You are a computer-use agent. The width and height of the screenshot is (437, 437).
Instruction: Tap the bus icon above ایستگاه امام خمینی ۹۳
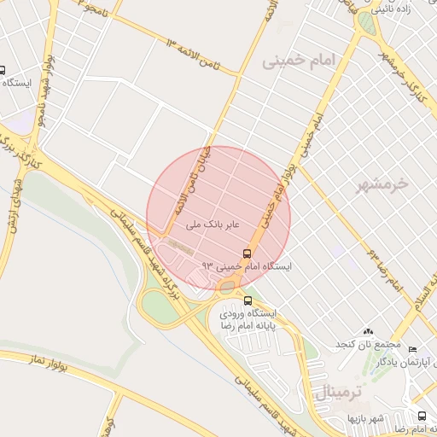coord(247,253)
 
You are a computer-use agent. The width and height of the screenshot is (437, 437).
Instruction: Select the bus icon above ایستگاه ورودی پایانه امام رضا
coord(248,300)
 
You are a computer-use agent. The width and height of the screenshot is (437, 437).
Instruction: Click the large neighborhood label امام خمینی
coord(301,60)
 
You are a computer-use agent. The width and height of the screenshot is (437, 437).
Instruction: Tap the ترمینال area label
coord(340,393)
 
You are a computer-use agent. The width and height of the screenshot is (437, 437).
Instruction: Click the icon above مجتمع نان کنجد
coord(368,331)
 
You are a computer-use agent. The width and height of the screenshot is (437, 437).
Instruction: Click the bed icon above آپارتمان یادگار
coord(413,349)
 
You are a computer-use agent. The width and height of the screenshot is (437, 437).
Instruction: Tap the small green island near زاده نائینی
coord(366,21)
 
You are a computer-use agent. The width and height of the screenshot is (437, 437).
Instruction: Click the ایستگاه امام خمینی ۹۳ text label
coord(247,266)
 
